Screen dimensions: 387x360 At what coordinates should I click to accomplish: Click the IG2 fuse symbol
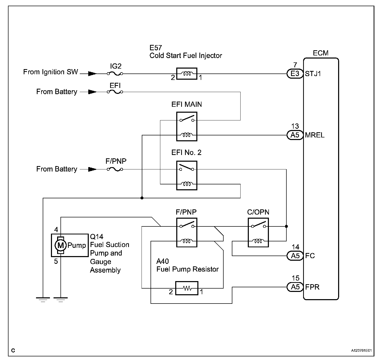coord(115,74)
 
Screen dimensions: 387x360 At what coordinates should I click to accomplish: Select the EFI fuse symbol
coord(115,92)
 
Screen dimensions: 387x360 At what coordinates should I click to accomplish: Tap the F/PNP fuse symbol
coord(115,169)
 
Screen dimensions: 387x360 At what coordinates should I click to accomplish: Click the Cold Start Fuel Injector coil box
coord(187,74)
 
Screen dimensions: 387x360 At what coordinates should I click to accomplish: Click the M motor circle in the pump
coord(61,245)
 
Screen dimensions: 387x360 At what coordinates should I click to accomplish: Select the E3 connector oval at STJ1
coord(295,74)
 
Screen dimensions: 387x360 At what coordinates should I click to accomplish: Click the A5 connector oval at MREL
coord(295,135)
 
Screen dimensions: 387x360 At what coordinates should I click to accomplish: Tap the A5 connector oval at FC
coord(295,256)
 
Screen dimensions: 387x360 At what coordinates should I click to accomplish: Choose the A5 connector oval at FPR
coord(295,287)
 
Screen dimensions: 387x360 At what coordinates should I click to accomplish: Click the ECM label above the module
coord(321,53)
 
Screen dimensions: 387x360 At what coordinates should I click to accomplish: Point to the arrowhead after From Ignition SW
coord(92,74)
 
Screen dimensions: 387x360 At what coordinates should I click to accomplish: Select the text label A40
coord(163,261)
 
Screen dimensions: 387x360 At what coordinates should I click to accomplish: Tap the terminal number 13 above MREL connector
coord(295,126)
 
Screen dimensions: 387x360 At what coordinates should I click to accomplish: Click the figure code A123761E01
coord(362,350)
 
